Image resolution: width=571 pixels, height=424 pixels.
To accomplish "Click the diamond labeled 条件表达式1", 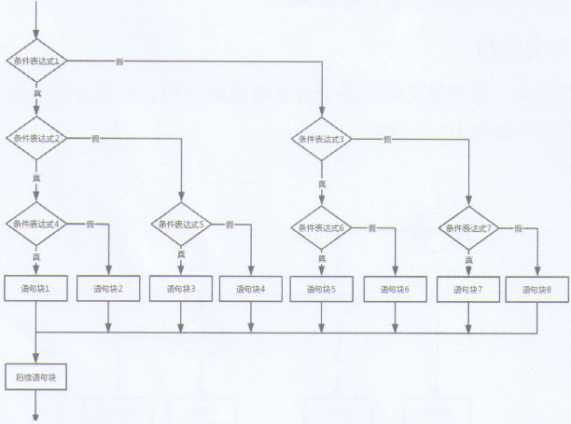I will pyautogui.click(x=37, y=62).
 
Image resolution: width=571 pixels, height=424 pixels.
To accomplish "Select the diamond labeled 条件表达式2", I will pyautogui.click(x=37, y=138).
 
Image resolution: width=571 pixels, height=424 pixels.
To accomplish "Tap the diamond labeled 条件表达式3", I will pyautogui.click(x=322, y=139).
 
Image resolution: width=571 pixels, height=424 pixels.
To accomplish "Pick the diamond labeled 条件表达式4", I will pyautogui.click(x=37, y=224).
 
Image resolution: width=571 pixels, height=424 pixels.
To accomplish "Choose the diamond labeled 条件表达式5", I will pyautogui.click(x=180, y=225).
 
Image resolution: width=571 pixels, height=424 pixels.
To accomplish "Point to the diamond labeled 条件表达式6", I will pyautogui.click(x=322, y=227).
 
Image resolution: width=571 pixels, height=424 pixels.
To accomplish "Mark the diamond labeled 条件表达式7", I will pyautogui.click(x=469, y=228).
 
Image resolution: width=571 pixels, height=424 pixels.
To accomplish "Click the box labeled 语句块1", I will pyautogui.click(x=37, y=289).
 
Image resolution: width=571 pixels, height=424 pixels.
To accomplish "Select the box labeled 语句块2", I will pyautogui.click(x=109, y=289).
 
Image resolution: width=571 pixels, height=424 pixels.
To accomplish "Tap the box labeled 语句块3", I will pyautogui.click(x=180, y=289).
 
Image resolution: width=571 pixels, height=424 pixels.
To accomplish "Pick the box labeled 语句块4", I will pyautogui.click(x=250, y=289).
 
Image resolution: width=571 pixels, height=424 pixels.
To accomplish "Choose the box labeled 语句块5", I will pyautogui.click(x=322, y=289).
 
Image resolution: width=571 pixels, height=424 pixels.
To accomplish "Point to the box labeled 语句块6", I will pyautogui.click(x=395, y=289).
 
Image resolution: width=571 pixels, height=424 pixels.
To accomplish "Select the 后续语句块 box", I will pyautogui.click(x=37, y=377).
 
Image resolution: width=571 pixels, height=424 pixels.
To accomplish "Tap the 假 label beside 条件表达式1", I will pyautogui.click(x=119, y=62).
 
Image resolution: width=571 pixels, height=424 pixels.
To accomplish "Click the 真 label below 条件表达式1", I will pyautogui.click(x=37, y=94).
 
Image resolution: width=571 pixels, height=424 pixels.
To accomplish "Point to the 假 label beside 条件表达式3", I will pyautogui.click(x=387, y=139).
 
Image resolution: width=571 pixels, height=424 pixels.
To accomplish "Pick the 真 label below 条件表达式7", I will pyautogui.click(x=469, y=260).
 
